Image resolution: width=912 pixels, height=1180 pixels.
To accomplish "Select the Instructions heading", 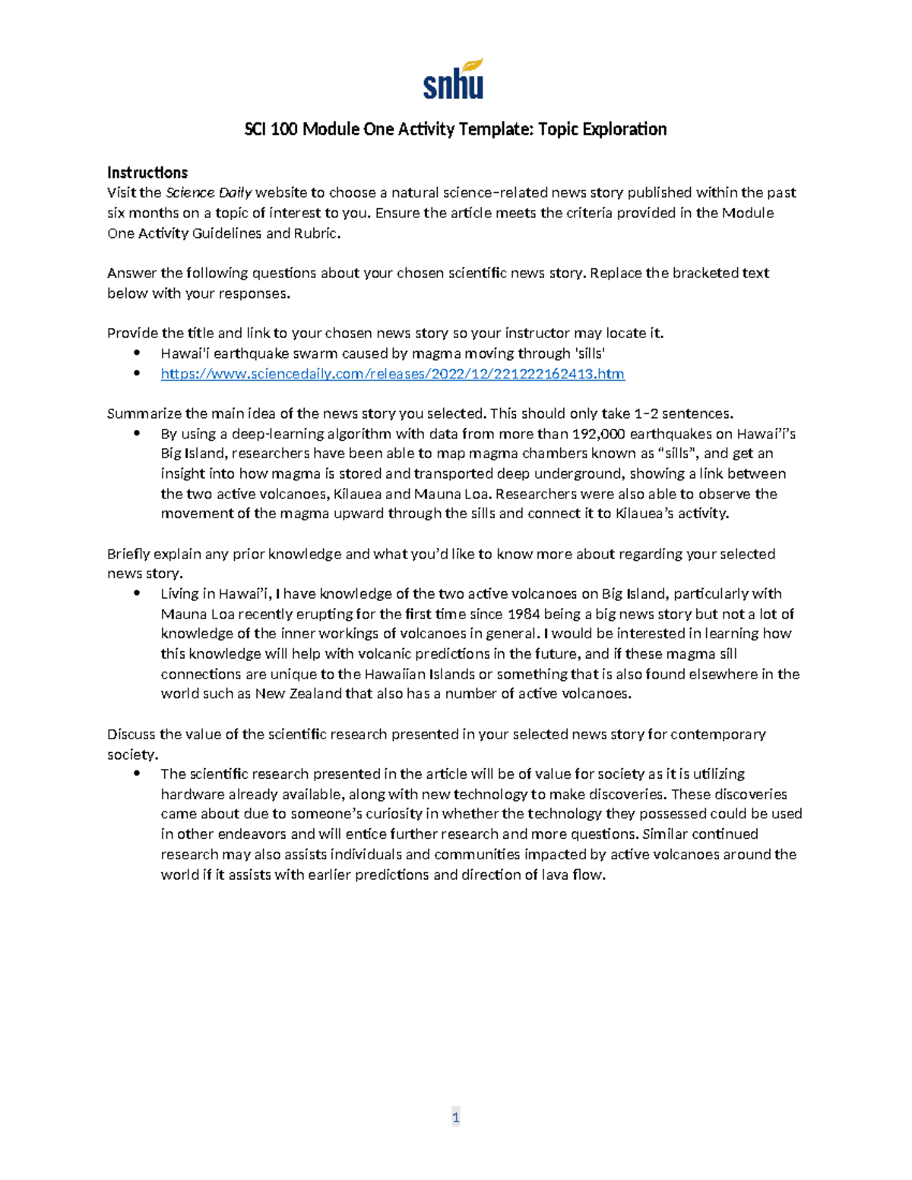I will [x=147, y=172].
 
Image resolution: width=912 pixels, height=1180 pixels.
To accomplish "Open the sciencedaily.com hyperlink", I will [x=392, y=374].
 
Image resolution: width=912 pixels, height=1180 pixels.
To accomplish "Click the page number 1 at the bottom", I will [x=455, y=1117].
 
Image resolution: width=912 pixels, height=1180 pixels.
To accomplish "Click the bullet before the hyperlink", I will [x=137, y=373].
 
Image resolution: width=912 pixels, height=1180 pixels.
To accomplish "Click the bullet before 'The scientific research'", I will [x=137, y=773].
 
